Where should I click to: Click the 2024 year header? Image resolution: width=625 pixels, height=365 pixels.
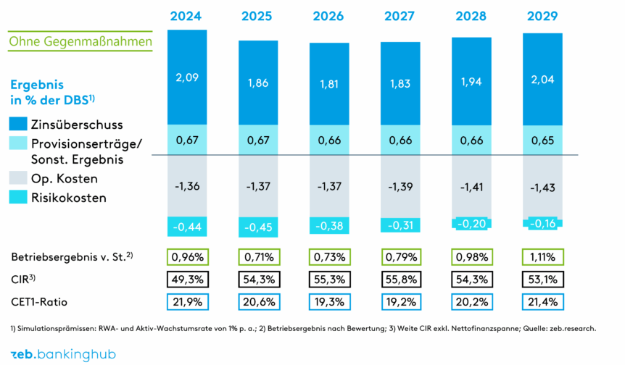point(186,16)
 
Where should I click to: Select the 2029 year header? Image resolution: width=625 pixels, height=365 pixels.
point(542,16)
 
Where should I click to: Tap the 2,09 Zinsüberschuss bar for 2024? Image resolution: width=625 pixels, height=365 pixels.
point(186,77)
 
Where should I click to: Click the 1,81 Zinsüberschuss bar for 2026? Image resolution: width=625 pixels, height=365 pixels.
point(329,83)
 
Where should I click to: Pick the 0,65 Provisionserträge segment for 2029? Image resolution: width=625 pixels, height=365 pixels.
point(542,139)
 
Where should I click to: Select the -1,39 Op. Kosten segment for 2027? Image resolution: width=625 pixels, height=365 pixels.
point(400,186)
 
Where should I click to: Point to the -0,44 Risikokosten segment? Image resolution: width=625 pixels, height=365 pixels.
point(186,227)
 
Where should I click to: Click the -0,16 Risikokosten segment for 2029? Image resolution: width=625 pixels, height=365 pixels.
point(542,224)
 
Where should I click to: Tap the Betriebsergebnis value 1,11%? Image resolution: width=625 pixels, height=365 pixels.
point(542,257)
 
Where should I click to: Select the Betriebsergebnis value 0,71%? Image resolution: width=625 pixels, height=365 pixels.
point(258,257)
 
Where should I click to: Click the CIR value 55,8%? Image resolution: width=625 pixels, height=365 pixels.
point(400,279)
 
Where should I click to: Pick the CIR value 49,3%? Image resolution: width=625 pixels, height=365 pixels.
point(186,279)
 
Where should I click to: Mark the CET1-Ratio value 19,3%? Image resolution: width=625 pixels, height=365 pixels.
point(329,301)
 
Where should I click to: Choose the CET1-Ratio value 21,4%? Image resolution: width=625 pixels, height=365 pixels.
point(542,301)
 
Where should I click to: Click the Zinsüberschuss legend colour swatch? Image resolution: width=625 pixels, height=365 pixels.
point(18,124)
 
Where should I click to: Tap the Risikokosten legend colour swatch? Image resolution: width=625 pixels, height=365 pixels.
point(18,196)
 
